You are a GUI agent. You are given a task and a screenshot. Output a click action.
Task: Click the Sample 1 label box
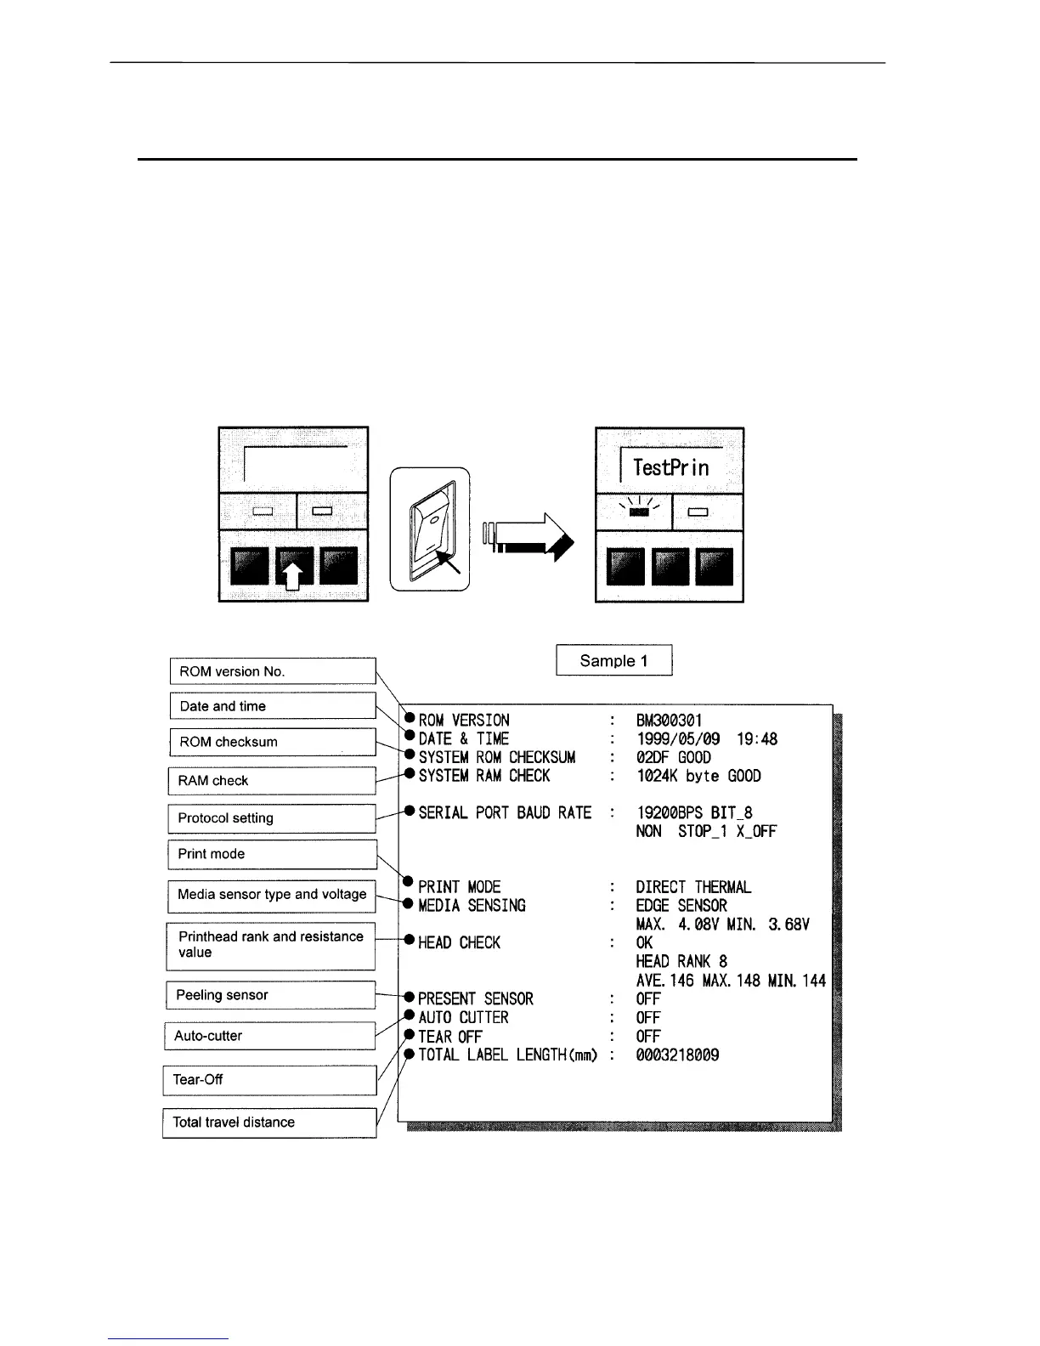[613, 660]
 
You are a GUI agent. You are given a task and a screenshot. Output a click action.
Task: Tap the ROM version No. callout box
[272, 671]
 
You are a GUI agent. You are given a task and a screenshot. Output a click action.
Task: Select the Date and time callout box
[272, 706]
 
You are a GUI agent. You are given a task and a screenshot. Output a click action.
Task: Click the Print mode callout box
[272, 854]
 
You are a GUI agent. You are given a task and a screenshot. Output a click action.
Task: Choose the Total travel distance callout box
[269, 1123]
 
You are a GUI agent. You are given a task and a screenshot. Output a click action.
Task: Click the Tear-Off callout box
[269, 1080]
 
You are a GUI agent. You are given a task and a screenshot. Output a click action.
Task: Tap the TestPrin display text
[670, 467]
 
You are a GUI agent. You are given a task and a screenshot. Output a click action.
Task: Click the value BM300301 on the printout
[669, 721]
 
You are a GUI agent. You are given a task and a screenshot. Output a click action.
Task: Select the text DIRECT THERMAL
[693, 887]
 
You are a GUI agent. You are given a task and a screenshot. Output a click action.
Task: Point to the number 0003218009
[677, 1055]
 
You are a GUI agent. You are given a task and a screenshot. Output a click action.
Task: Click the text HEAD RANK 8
[681, 962]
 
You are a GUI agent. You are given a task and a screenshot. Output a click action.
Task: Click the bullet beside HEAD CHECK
[409, 942]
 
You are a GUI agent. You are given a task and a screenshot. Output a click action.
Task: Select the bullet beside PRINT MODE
[409, 882]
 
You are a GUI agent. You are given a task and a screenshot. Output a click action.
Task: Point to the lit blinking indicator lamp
[640, 512]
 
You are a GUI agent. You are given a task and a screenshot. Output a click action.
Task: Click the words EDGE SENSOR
[681, 906]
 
